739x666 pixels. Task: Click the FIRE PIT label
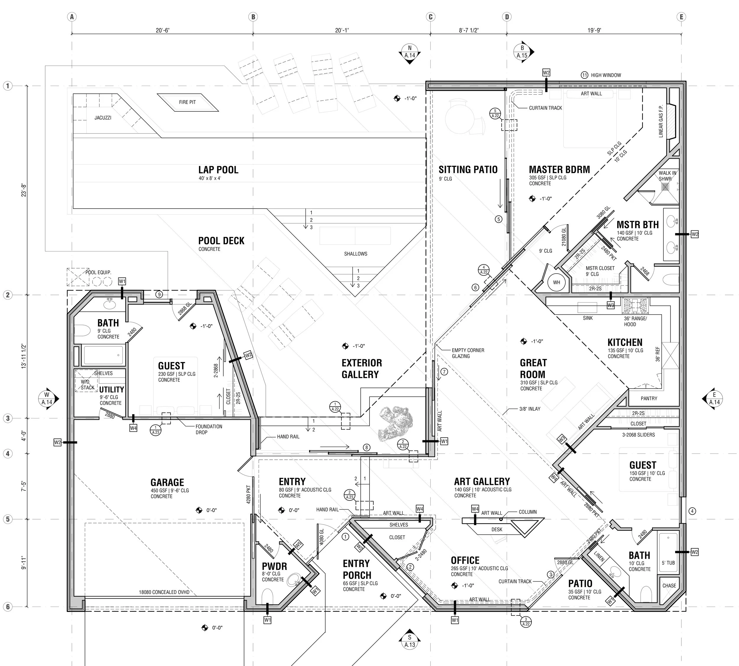click(187, 102)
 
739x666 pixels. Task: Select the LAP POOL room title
click(218, 170)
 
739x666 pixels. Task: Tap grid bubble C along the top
click(430, 17)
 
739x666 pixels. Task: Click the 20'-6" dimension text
click(163, 30)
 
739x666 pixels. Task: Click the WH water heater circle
click(556, 282)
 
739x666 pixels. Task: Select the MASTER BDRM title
click(559, 170)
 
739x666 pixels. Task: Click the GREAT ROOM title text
click(533, 368)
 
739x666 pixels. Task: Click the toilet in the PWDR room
click(268, 596)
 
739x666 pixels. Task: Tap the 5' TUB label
click(668, 563)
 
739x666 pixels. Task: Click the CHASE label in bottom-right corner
click(669, 586)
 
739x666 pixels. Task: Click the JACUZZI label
click(103, 118)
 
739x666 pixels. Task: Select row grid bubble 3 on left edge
click(8, 418)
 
